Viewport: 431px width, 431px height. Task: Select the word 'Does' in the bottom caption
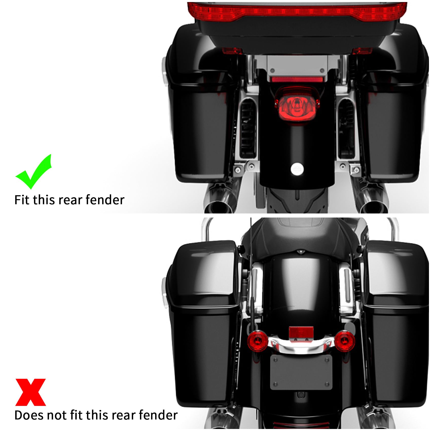[x=28, y=415]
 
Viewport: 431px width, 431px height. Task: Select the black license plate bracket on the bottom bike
[x=301, y=372]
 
